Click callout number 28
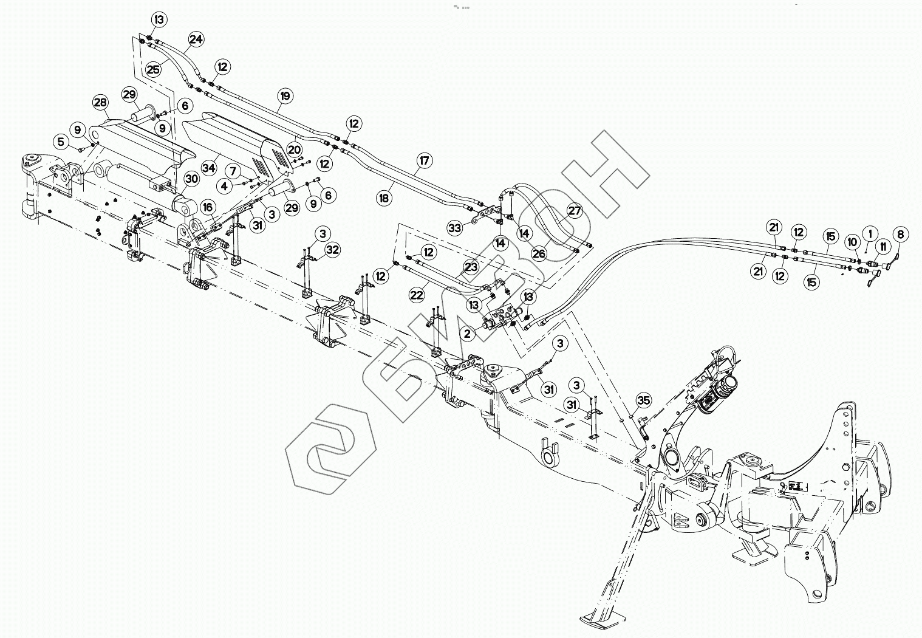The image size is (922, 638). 100,101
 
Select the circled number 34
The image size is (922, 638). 210,167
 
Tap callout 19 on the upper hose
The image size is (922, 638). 285,95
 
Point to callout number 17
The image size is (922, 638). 424,161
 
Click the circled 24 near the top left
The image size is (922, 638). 196,39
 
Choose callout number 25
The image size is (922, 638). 154,69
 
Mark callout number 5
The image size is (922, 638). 61,142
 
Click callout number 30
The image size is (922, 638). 192,179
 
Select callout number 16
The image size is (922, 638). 208,207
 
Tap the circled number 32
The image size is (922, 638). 332,249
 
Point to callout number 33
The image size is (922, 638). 455,228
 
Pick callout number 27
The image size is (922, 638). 575,211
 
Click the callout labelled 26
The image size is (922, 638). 539,253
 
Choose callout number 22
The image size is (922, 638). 416,295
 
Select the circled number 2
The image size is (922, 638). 466,333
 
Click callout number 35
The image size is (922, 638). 644,400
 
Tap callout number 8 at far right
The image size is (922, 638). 901,234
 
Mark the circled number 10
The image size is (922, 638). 853,242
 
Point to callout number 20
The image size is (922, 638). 295,149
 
